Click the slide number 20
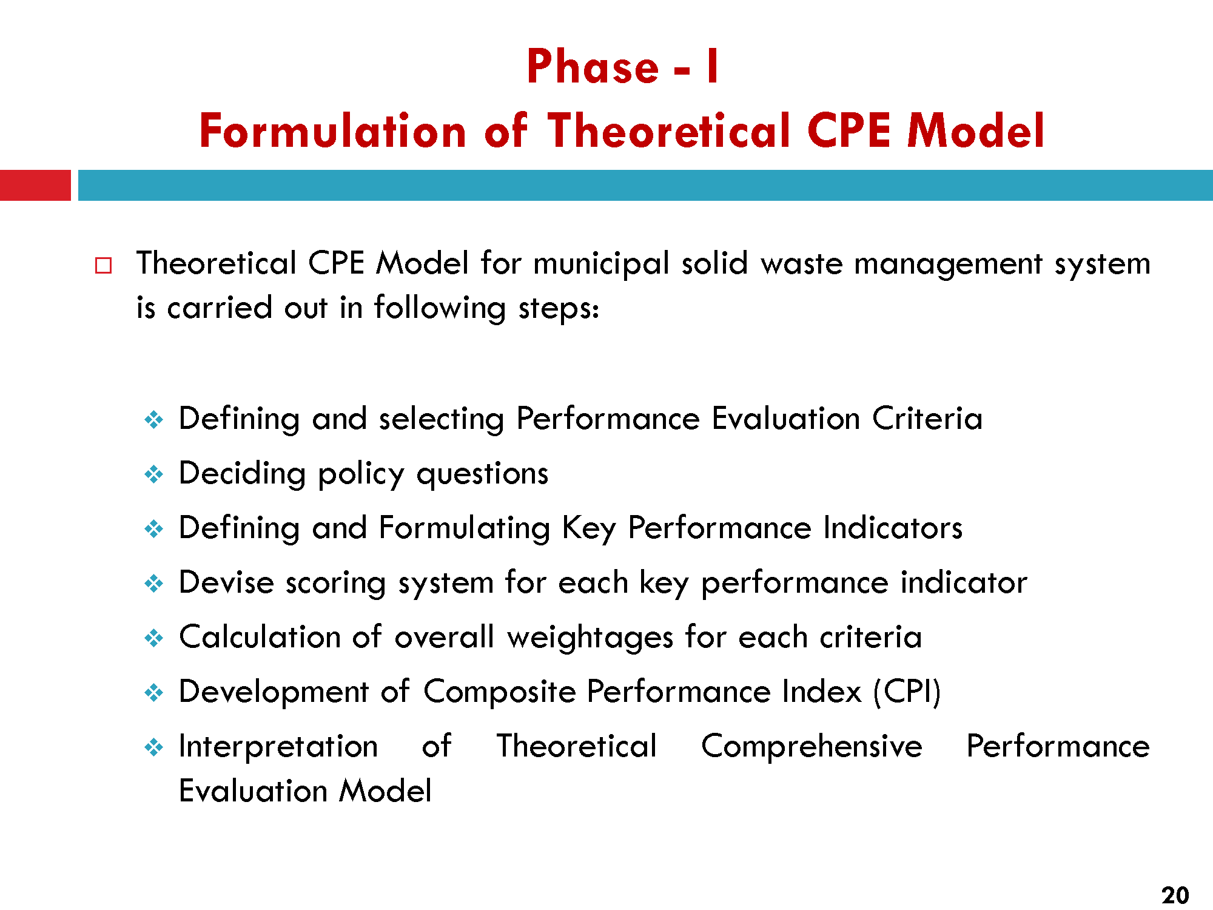pos(1175,895)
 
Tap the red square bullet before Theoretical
pos(104,266)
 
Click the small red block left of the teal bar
pos(35,185)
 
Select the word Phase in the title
pos(593,66)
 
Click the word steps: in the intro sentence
pos(559,309)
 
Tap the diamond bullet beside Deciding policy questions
pos(154,474)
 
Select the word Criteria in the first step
pos(927,419)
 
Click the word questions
pos(482,474)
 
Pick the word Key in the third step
pos(589,528)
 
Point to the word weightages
pos(590,638)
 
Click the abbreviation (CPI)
pos(907,692)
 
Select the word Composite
pos(499,692)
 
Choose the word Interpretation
pos(278,747)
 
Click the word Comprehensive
pos(811,747)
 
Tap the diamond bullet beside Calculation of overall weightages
pos(154,638)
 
